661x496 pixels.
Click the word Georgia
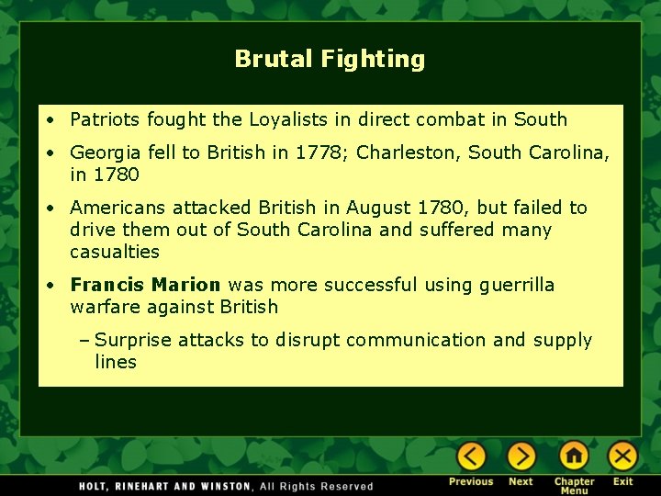click(104, 152)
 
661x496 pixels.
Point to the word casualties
click(115, 252)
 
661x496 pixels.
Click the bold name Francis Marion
click(145, 285)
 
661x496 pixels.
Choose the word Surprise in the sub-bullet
click(133, 340)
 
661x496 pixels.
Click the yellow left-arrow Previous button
click(472, 457)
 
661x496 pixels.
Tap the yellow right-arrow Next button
click(521, 457)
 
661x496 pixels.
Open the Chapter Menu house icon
click(574, 457)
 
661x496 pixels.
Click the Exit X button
click(622, 457)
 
